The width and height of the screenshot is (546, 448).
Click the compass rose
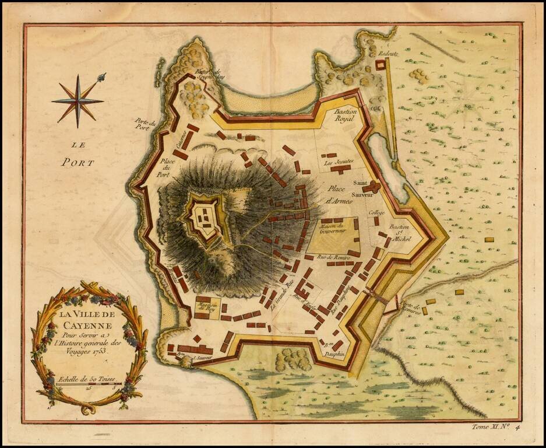coord(78,100)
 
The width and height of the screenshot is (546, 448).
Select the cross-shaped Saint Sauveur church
coord(371,188)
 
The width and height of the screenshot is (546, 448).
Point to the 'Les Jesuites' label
coord(338,162)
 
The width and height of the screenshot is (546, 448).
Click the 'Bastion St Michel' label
coord(401,232)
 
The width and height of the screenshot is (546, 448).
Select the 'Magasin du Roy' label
coord(209,307)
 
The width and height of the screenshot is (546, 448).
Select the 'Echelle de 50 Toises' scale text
coord(87,379)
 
